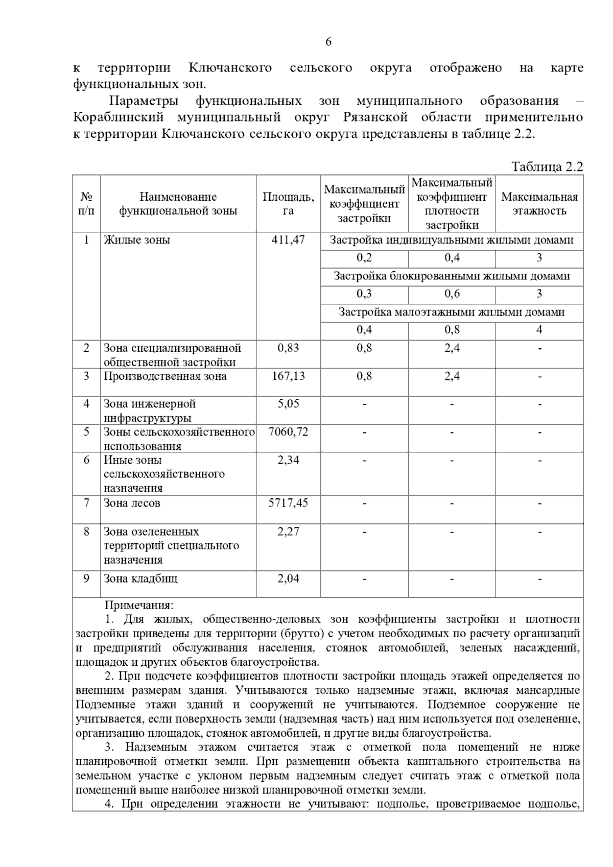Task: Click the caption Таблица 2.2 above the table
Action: (547, 167)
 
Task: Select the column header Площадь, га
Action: (288, 204)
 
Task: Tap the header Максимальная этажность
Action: (539, 204)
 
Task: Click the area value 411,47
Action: (288, 240)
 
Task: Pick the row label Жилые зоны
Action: (137, 240)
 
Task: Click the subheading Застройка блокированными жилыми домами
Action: (452, 276)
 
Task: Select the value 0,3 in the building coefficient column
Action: (364, 294)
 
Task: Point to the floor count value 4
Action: (539, 330)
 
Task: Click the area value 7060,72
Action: (288, 432)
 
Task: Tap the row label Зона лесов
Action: (132, 503)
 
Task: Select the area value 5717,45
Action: (288, 503)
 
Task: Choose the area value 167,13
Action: (288, 377)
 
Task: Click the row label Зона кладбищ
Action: (140, 579)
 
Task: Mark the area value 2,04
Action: (288, 579)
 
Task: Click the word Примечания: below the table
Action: (139, 606)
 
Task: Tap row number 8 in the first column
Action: (86, 532)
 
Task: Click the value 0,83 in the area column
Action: (288, 348)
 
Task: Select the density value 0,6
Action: (452, 294)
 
